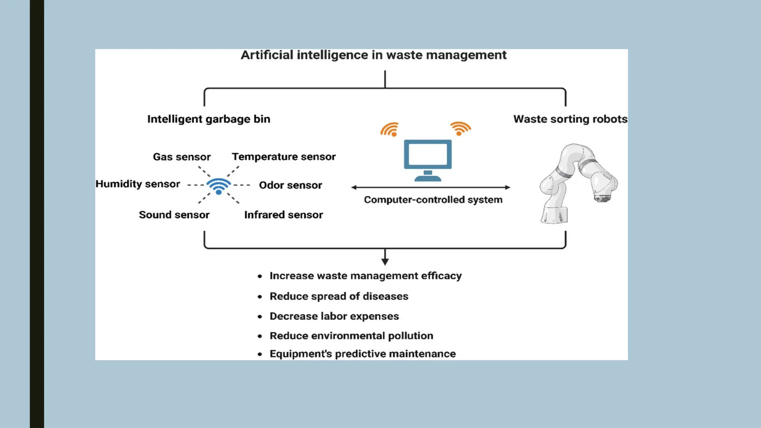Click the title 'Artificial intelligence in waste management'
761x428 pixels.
373,55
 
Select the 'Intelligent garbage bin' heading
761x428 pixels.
209,119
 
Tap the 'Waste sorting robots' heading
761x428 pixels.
570,119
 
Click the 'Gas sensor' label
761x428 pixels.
182,157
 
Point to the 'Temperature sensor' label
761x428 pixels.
284,157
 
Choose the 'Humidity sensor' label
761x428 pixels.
137,184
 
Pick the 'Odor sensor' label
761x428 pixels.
291,185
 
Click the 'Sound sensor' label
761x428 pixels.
174,215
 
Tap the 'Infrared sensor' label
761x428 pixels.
284,215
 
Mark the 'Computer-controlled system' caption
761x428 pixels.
433,200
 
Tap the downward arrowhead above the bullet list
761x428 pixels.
385,262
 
